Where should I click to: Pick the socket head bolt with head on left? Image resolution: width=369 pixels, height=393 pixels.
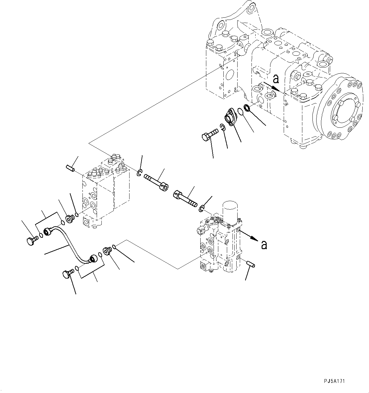185,197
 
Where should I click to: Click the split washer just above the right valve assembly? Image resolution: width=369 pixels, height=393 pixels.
202,209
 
